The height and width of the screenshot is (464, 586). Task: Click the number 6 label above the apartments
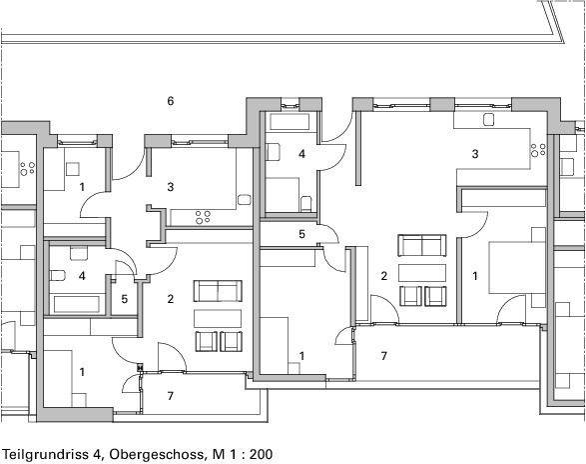(171, 101)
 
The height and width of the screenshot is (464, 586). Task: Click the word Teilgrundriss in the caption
(45, 454)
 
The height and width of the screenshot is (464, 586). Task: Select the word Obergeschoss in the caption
(158, 454)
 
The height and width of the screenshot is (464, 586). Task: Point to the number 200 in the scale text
(261, 454)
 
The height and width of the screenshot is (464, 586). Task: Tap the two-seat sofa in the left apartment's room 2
(218, 291)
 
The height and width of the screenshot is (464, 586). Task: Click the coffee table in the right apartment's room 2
(422, 273)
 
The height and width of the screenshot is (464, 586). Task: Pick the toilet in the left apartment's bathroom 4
(57, 275)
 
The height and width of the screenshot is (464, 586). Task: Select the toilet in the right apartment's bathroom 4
(306, 203)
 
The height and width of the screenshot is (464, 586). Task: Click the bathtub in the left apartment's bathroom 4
(76, 304)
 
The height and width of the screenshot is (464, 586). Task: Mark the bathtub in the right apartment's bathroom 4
(291, 121)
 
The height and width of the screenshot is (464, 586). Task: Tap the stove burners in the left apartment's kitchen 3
(203, 217)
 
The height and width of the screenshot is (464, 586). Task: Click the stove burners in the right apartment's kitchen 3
(538, 149)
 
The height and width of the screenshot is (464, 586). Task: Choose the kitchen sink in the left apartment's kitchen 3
(244, 199)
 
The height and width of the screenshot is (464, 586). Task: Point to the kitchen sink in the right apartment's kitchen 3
(489, 119)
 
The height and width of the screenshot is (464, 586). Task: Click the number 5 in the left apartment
(125, 299)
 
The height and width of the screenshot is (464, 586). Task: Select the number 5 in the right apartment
(301, 234)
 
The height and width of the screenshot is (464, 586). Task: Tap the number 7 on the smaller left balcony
(171, 396)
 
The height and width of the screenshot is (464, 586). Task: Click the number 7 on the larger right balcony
(383, 355)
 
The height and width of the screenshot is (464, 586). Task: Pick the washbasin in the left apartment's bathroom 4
(79, 253)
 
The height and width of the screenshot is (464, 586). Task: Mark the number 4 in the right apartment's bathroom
(301, 154)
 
